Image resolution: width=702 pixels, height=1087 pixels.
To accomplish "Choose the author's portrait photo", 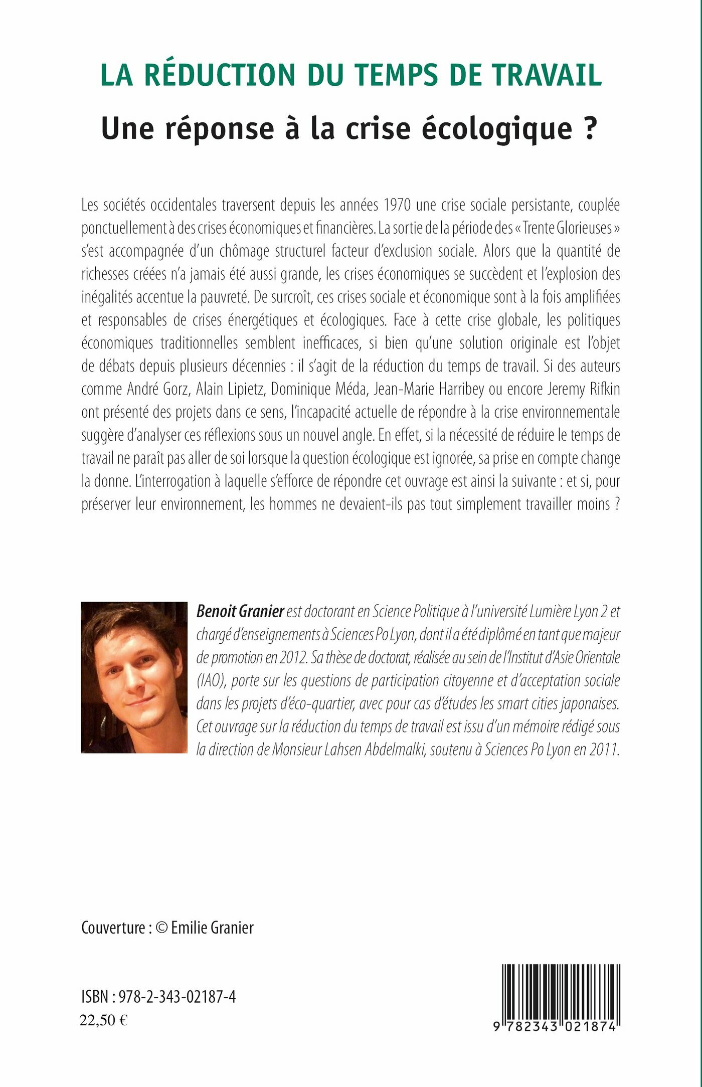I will (134, 677).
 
